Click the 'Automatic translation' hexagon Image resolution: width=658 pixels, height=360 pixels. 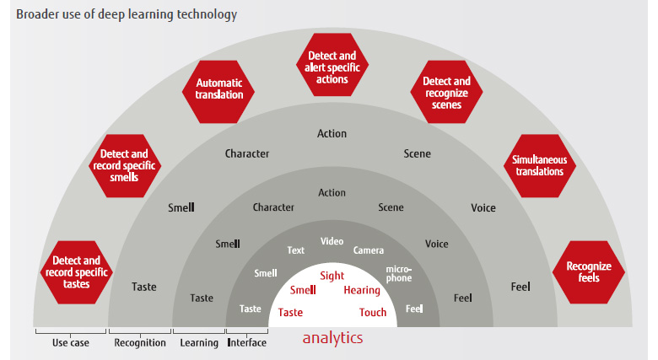[218, 92]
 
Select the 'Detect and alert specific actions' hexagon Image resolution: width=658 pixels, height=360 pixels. [332, 65]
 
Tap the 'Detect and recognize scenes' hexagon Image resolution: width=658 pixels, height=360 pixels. [446, 92]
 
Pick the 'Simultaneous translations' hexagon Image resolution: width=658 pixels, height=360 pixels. [540, 166]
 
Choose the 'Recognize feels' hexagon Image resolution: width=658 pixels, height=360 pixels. [589, 272]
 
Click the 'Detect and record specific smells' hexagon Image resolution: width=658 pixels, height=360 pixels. [125, 166]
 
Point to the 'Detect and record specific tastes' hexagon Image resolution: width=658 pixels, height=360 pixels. [77, 272]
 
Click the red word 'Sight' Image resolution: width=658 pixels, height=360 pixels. [332, 276]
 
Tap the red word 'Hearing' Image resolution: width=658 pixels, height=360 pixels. [362, 290]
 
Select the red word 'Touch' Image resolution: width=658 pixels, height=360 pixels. [373, 312]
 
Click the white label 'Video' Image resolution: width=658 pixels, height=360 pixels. [332, 241]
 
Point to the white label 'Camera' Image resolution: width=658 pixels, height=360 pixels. [369, 250]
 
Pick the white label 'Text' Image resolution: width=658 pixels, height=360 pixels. [296, 250]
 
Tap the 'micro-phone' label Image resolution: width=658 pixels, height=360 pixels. [399, 273]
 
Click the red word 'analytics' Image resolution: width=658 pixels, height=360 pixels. [332, 338]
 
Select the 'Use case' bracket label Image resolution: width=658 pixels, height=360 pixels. [71, 343]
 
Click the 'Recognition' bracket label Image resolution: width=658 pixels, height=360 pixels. [140, 343]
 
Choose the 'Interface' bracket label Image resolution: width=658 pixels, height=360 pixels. [246, 343]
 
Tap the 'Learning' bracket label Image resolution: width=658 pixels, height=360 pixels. [199, 343]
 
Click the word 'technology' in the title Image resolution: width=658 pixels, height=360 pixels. [207, 14]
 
